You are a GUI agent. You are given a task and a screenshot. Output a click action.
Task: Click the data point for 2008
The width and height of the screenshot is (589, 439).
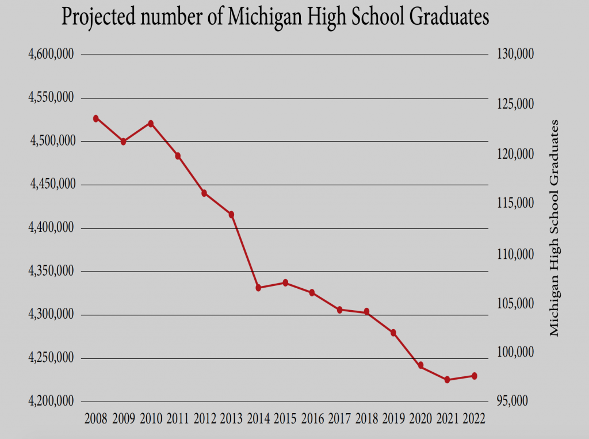point(96,119)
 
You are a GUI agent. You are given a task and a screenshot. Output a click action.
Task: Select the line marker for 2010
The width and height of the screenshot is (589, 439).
point(151,124)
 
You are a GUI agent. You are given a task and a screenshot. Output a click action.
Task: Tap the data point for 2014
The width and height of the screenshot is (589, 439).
point(258,288)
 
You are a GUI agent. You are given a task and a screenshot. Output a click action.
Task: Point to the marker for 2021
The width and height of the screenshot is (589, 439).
point(447,380)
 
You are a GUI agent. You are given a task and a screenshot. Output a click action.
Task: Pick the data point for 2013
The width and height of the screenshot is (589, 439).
point(231,215)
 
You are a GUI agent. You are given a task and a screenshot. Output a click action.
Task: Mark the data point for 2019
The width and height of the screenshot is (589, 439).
point(393,333)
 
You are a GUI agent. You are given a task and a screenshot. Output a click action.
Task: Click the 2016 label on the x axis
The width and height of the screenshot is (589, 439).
point(312,418)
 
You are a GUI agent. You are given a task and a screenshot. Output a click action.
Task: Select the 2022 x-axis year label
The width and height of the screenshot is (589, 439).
point(474,418)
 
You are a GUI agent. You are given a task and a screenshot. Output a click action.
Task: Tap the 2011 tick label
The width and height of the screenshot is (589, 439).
point(177,418)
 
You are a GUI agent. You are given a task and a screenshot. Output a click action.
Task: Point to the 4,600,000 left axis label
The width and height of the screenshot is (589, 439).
point(51,54)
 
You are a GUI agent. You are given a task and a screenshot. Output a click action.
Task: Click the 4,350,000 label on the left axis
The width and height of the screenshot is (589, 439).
point(51,271)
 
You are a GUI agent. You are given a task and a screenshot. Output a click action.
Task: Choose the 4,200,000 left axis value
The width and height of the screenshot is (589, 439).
point(51,401)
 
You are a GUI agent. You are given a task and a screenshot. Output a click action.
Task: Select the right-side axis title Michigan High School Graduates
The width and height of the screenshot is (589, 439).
point(554,228)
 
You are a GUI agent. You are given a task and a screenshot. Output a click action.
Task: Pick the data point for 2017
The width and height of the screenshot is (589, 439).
point(339,310)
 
